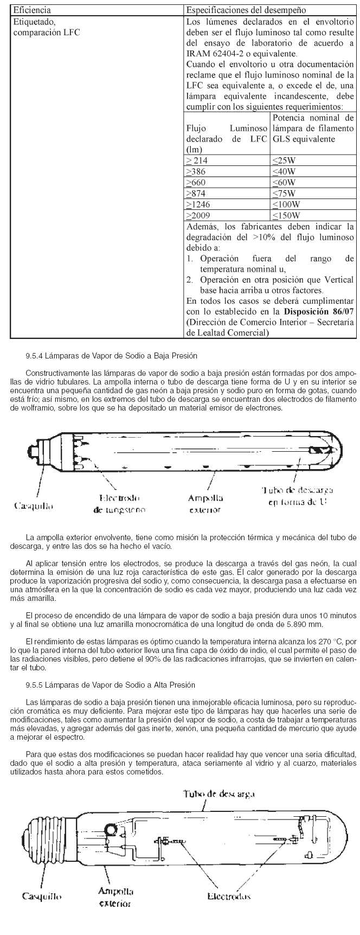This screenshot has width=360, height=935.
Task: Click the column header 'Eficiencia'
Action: click(x=32, y=10)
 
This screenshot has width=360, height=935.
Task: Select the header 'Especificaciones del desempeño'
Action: click(x=246, y=10)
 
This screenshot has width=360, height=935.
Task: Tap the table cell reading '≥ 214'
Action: click(x=197, y=161)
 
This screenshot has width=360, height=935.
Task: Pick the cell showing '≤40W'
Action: click(x=284, y=171)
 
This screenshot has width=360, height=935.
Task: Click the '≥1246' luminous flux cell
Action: click(x=198, y=204)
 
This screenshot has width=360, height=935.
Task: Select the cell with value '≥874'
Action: click(x=196, y=194)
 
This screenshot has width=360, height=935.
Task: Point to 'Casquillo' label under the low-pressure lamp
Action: click(x=34, y=506)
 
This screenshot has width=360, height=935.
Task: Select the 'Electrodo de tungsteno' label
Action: click(x=119, y=503)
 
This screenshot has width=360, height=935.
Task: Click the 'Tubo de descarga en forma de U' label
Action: click(x=294, y=496)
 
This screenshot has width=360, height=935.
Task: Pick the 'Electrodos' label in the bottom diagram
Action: click(x=229, y=896)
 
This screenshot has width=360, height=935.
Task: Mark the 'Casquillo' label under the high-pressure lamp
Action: click(x=42, y=896)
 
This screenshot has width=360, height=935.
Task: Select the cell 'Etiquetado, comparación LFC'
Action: click(x=46, y=28)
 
